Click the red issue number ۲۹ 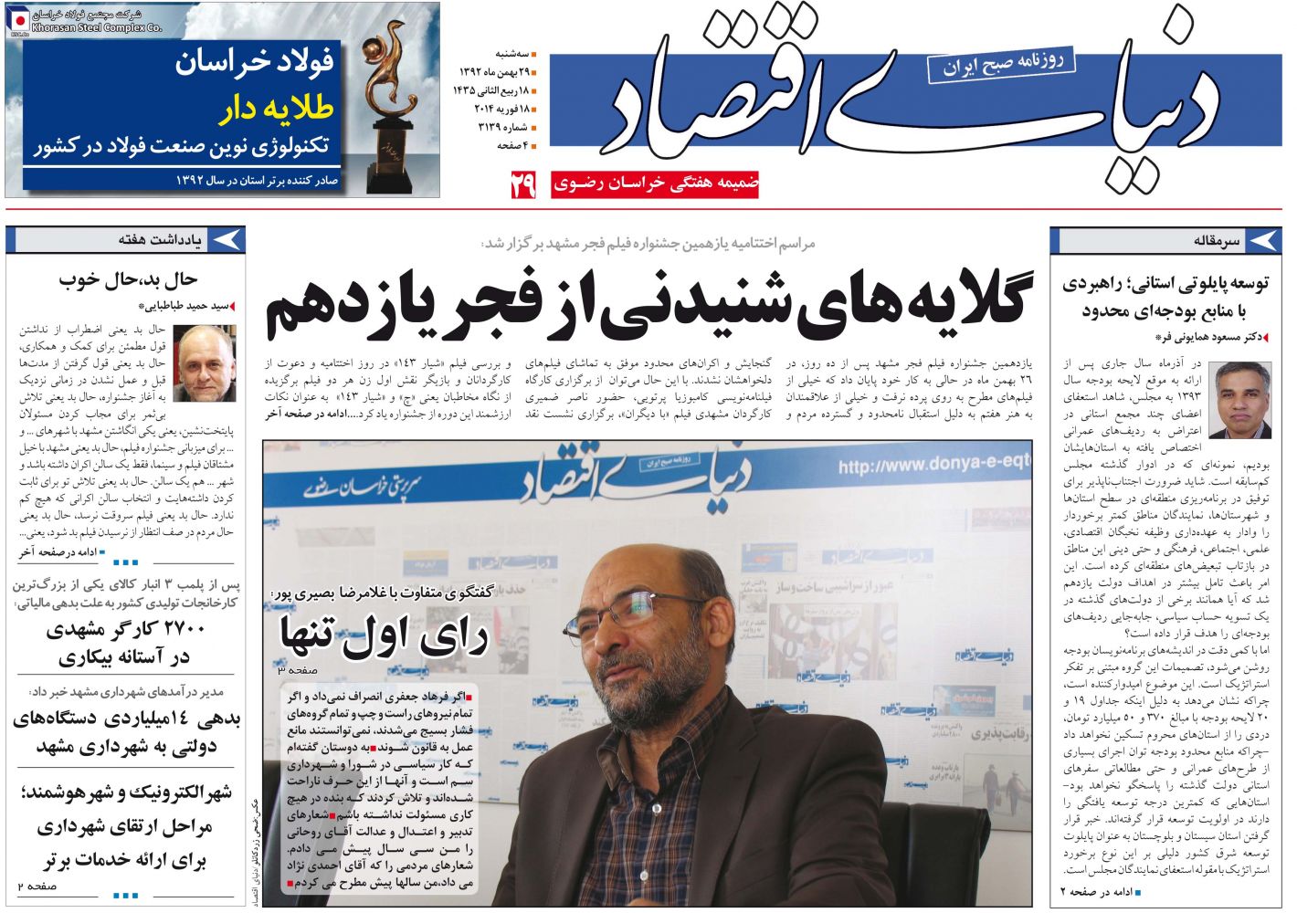522,185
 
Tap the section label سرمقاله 1217,241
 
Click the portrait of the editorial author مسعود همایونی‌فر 1239,400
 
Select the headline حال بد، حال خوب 128,279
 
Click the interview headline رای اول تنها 384,635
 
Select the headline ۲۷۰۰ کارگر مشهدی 125,629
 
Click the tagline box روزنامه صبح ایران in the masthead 1002,65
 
